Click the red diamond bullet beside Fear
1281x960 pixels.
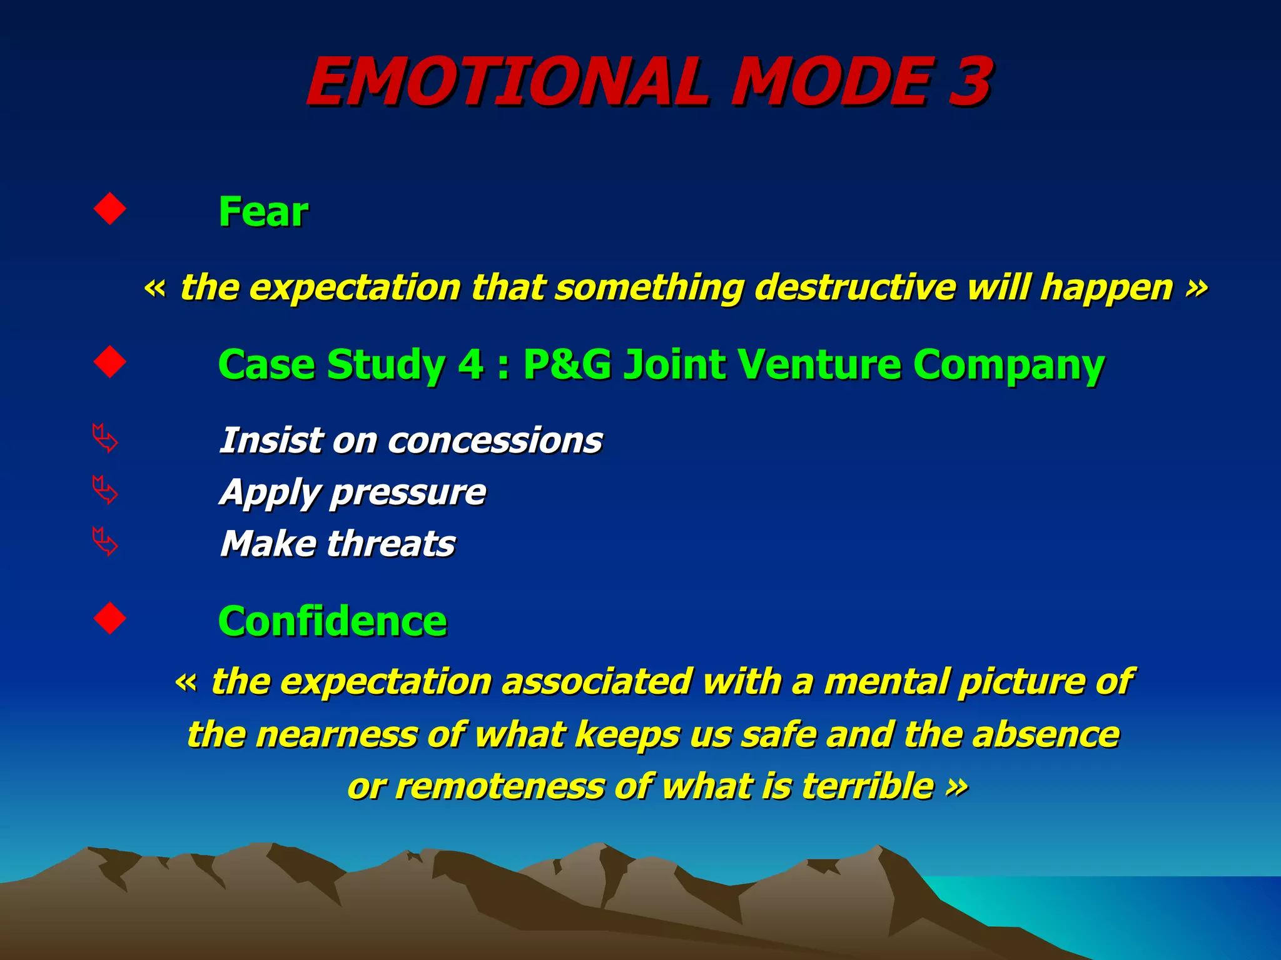click(109, 209)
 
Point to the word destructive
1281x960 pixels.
click(855, 287)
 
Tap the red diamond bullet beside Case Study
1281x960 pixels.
click(109, 362)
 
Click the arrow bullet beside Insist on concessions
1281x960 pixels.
click(104, 439)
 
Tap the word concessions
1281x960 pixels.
click(495, 441)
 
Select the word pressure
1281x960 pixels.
click(408, 492)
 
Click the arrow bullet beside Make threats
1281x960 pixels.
click(104, 542)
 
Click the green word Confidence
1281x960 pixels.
click(332, 621)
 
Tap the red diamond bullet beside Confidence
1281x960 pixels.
click(109, 619)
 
